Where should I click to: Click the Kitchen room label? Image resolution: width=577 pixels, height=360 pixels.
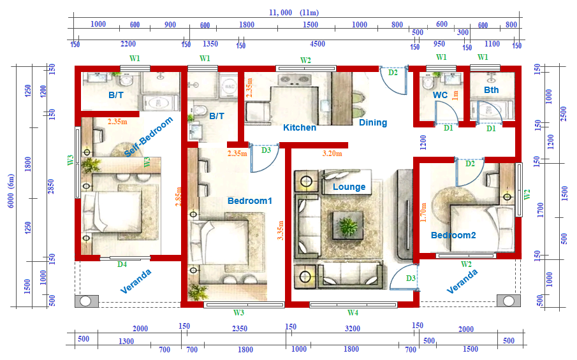[300, 127]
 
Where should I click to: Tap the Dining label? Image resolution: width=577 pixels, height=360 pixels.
[373, 122]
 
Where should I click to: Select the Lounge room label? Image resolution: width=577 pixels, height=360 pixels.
[349, 187]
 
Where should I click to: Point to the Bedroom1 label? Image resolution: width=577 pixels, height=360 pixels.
[249, 201]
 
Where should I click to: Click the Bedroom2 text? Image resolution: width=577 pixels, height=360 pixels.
[453, 235]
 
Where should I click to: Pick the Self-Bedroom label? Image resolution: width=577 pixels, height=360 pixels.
[148, 136]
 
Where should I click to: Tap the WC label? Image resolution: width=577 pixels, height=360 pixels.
[440, 95]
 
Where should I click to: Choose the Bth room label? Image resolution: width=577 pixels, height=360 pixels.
[492, 90]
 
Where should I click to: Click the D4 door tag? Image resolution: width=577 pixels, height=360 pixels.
[122, 264]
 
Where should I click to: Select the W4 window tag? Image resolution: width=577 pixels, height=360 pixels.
[353, 313]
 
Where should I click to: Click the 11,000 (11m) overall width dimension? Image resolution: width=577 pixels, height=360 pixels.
[294, 13]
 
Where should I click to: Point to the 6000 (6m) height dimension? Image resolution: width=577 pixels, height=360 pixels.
[11, 191]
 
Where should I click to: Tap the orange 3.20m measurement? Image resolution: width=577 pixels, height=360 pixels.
[332, 154]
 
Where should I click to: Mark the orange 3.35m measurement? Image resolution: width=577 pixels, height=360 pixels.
[281, 231]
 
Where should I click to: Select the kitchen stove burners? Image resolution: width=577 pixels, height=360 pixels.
[293, 80]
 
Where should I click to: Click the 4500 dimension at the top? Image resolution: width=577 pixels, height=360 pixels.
[318, 44]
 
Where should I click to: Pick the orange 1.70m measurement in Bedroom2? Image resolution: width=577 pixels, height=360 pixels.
[423, 212]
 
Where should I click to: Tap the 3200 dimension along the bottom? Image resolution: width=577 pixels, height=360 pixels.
[352, 328]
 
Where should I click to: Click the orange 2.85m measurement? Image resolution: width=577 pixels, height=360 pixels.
[179, 196]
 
